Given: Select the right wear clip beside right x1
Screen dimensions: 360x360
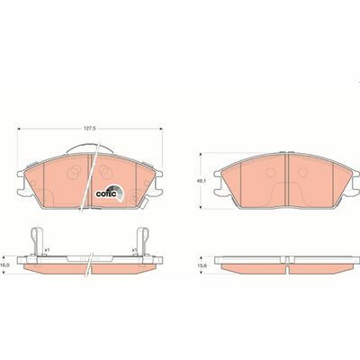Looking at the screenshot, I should click(x=144, y=241).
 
